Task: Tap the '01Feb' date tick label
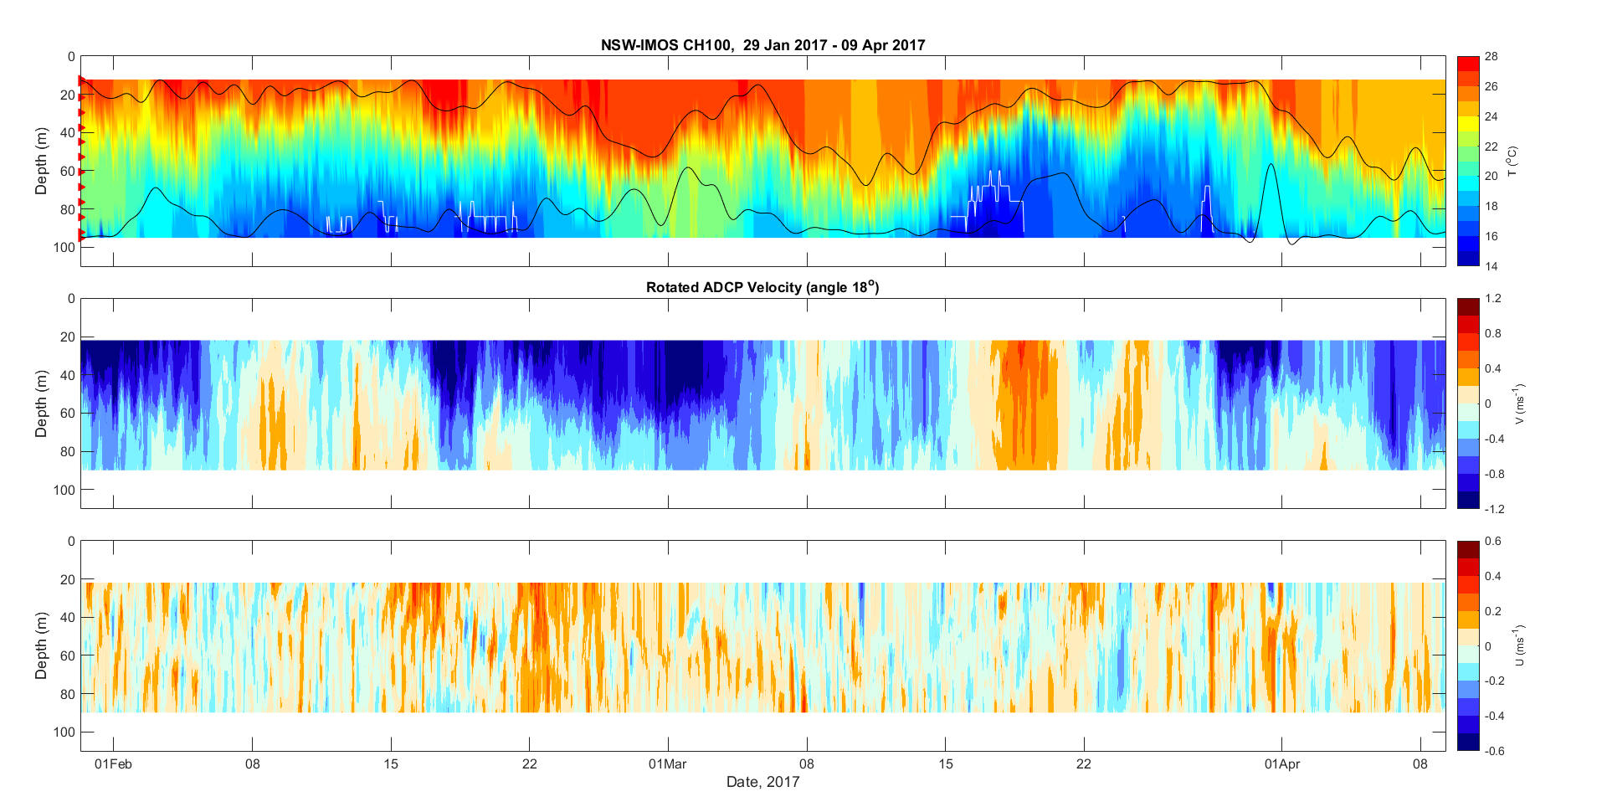[113, 763]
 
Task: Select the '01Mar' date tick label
[668, 763]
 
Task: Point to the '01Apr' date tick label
[1281, 763]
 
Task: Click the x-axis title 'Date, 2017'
[762, 782]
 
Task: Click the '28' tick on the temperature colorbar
[1491, 57]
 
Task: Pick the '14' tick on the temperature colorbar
[1491, 266]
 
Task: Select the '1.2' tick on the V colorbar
[1492, 299]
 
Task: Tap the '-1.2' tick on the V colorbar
[1494, 509]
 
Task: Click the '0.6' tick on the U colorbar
[1492, 542]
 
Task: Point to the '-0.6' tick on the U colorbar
[1494, 751]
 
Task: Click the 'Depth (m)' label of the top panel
[41, 162]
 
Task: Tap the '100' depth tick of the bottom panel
[64, 732]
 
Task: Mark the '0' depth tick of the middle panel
[71, 299]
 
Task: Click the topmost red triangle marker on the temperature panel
[82, 80]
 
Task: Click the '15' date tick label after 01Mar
[946, 763]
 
